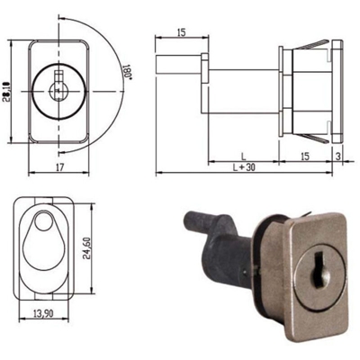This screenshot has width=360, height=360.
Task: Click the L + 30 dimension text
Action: point(242,167)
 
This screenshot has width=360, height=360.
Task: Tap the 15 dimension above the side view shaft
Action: point(180,32)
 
